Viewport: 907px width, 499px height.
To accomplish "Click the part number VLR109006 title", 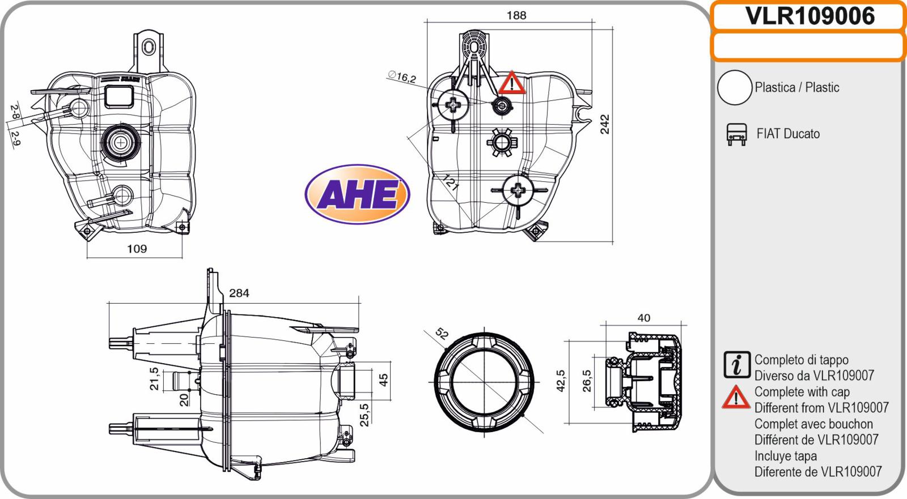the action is pos(809,16).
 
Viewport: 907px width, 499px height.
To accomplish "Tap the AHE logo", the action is pos(357,194).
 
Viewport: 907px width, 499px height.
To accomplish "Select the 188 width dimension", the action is pos(516,15).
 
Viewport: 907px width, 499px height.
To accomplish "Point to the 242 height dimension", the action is pos(604,124).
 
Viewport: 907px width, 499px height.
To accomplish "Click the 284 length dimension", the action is pos(239,293).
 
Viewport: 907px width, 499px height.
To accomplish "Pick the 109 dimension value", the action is pos(137,249).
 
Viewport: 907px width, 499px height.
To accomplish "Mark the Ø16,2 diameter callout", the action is pos(402,76).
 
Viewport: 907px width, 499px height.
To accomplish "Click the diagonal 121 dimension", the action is pos(450,182).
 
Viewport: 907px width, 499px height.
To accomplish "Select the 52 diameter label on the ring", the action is pos(442,334).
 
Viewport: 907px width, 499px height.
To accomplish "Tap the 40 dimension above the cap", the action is pos(644,318).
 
